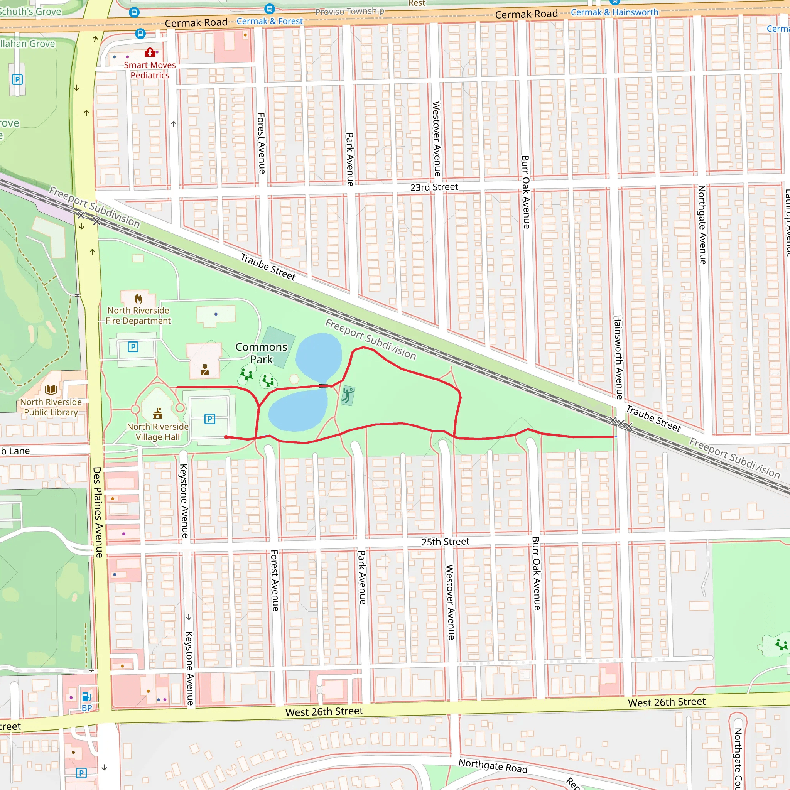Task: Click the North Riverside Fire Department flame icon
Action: click(x=138, y=298)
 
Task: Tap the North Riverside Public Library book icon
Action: click(x=51, y=389)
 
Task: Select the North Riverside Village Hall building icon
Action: click(x=158, y=414)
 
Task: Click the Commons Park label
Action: click(x=261, y=353)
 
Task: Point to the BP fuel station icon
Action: click(x=87, y=696)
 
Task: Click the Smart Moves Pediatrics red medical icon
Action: click(x=150, y=52)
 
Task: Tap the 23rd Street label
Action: click(x=434, y=187)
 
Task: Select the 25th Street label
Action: click(x=445, y=542)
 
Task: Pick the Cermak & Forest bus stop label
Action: click(x=270, y=21)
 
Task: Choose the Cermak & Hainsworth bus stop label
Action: click(x=614, y=12)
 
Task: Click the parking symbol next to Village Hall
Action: click(x=210, y=419)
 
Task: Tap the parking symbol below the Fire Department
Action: click(x=133, y=347)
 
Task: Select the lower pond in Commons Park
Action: click(x=298, y=410)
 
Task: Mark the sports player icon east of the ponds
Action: click(x=348, y=395)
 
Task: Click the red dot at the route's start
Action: click(x=226, y=437)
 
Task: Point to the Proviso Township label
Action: click(x=349, y=11)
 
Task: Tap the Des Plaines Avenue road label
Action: click(x=97, y=512)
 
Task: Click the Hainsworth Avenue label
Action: click(x=618, y=357)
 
